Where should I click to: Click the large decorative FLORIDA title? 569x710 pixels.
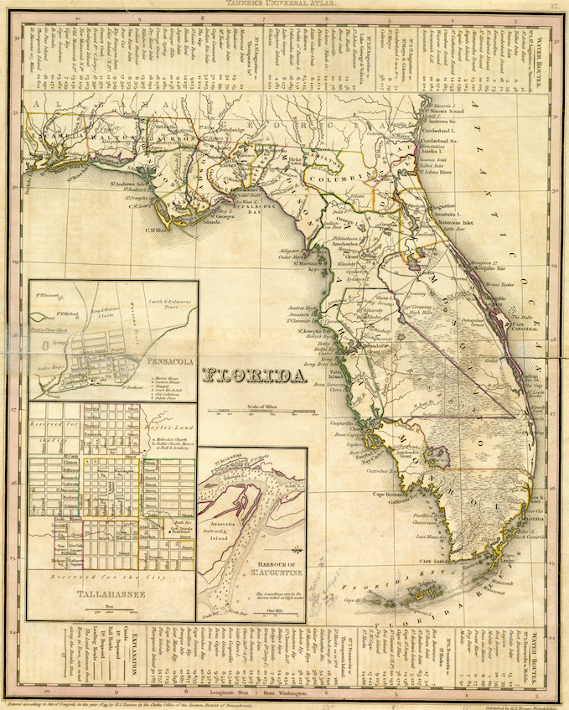point(256,377)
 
